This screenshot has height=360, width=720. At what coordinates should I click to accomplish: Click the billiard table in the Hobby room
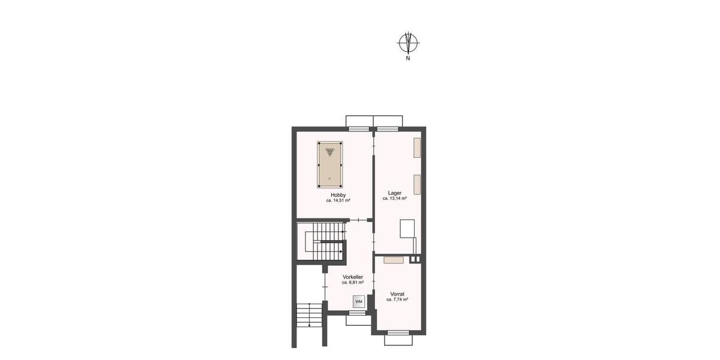329,164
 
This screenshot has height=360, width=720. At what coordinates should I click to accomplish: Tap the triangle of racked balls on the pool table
329,151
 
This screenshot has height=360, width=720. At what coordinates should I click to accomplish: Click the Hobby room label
337,195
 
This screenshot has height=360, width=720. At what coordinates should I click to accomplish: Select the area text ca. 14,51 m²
337,200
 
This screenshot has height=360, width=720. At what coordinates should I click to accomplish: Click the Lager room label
395,193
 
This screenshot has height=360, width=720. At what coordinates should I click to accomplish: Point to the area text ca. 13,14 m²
395,198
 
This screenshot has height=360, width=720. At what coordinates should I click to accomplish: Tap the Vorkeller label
353,277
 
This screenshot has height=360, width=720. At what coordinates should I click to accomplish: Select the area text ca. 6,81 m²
353,282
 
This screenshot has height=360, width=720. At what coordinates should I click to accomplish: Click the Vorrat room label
397,294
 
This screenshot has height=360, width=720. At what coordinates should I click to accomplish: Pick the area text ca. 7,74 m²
397,299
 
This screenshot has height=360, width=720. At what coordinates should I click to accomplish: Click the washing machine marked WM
359,301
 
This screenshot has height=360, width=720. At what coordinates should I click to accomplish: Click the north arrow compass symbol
408,43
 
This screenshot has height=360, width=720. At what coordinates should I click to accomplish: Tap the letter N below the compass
408,59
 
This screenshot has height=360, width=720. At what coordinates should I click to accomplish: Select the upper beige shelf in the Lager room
416,148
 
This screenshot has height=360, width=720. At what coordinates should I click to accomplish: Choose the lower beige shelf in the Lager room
416,184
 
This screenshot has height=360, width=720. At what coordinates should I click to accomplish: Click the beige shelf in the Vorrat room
394,260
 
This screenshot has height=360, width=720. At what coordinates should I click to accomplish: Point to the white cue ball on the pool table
329,179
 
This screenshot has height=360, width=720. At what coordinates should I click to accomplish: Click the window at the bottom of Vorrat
398,332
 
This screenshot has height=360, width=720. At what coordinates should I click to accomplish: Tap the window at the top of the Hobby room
359,129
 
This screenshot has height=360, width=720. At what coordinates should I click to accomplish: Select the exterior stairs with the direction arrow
309,315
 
